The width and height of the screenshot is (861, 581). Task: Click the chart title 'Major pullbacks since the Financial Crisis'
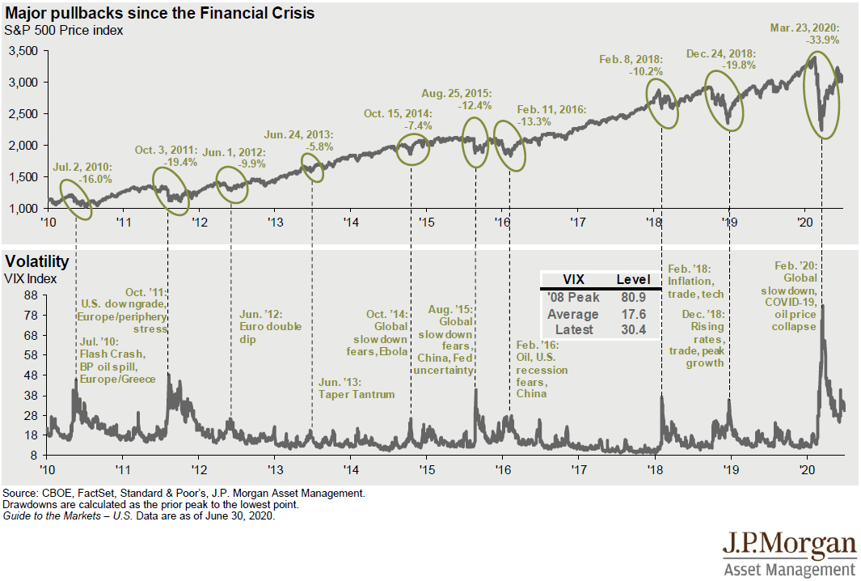159,14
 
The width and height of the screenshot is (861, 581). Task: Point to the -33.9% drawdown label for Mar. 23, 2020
821,39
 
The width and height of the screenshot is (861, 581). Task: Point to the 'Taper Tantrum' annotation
356,394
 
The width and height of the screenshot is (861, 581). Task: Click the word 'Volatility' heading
36,261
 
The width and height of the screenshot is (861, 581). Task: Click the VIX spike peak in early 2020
822,306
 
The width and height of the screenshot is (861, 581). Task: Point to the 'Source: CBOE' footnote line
184,492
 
